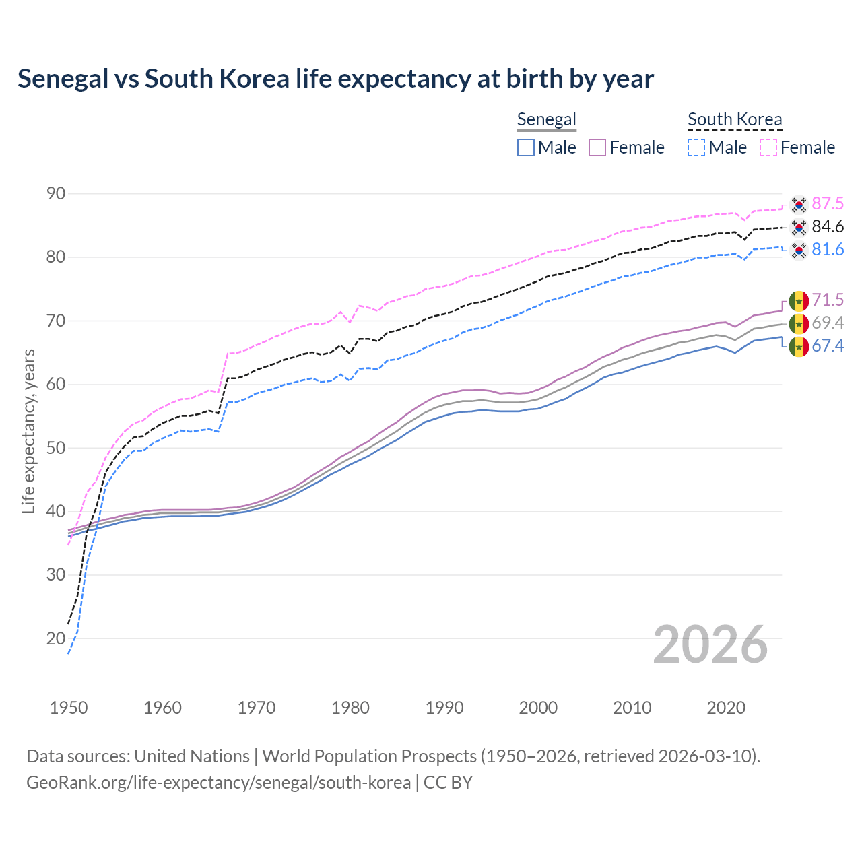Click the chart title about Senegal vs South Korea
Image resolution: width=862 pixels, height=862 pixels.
[335, 79]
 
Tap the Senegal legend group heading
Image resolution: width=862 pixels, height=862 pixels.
[546, 119]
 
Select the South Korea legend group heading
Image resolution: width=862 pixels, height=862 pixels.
[735, 119]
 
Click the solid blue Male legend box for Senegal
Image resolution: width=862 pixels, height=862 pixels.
[526, 147]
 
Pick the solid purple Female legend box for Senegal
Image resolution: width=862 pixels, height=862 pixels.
[597, 147]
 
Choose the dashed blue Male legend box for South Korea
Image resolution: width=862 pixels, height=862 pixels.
[696, 147]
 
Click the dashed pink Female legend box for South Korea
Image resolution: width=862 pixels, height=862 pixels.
[768, 147]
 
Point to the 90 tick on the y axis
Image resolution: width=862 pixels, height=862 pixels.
[56, 194]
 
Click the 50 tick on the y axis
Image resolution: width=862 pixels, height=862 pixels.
[56, 448]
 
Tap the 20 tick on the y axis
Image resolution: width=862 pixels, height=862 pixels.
[56, 638]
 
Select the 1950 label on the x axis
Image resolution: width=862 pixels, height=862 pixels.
[69, 708]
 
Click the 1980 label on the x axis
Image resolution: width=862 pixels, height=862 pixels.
[350, 708]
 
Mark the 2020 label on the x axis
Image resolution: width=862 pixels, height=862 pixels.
[725, 708]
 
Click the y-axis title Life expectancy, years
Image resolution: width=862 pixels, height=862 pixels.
[29, 431]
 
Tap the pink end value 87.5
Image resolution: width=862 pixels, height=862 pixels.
[828, 204]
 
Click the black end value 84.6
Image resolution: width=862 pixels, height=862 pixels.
[828, 227]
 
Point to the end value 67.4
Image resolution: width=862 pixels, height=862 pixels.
[828, 346]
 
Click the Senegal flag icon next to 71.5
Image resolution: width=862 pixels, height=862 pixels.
[799, 300]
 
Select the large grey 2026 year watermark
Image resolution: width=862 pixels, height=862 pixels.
[710, 644]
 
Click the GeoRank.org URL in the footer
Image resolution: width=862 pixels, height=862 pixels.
[219, 783]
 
